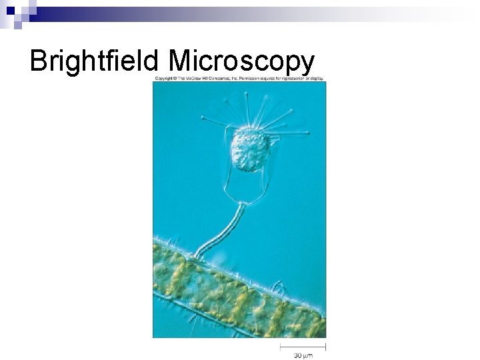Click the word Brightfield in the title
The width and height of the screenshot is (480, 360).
click(93, 61)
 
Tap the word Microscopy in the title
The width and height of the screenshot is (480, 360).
click(241, 61)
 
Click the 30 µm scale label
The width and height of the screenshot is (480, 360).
click(303, 355)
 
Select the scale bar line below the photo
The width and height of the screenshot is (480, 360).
click(303, 346)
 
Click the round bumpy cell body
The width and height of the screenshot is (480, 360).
click(249, 150)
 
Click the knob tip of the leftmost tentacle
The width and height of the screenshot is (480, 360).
click(203, 118)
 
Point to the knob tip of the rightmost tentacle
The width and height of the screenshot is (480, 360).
click(307, 133)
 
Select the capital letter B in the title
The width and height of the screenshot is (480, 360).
click(39, 61)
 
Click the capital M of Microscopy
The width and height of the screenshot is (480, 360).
click(182, 61)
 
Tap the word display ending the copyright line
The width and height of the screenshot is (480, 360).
click(316, 79)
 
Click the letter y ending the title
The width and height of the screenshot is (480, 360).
click(307, 64)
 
